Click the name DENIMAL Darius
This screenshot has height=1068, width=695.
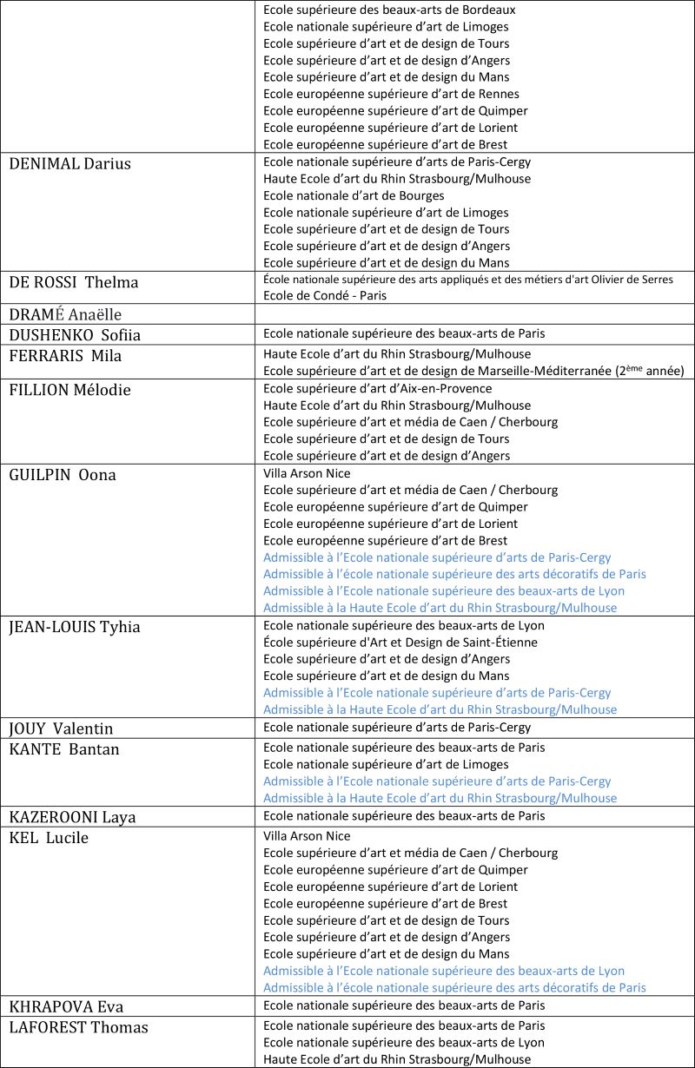coord(69,163)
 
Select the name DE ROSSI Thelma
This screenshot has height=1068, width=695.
coord(73,282)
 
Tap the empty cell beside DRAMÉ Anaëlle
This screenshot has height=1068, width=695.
coord(474,313)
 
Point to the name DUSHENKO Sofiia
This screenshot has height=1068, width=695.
coord(75,335)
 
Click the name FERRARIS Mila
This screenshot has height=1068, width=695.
coord(65,355)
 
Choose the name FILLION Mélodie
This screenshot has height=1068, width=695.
coord(69,390)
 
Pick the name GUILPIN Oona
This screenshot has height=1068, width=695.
coord(63,474)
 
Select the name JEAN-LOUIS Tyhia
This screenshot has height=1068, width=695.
coord(75,627)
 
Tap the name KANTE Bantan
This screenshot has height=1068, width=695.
coord(64,749)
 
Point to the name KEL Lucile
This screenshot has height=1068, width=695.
coord(49,838)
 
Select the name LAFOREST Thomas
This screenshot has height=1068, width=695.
coord(78,1027)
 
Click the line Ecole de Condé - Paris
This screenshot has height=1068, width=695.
coord(326,295)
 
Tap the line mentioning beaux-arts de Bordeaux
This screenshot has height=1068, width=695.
coord(389,10)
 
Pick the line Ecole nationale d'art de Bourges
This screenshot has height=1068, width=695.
coord(354,195)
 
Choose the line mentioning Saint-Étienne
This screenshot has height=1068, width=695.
coord(400,643)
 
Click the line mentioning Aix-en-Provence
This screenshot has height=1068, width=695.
coord(377,388)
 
